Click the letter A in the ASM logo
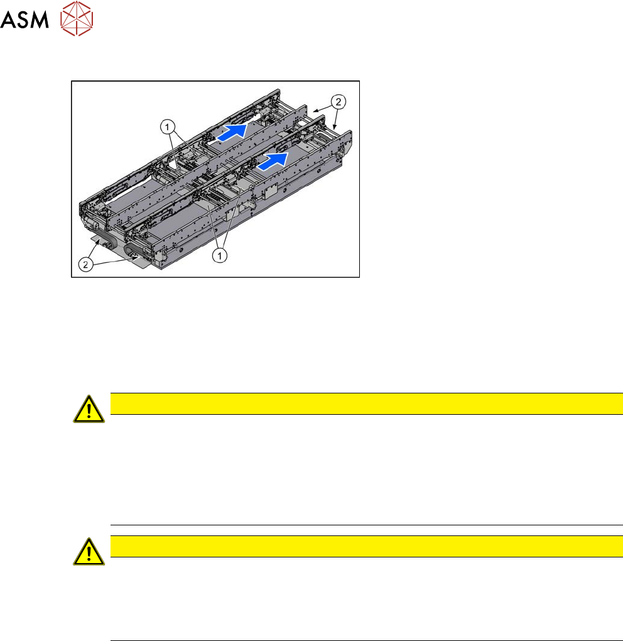tap(10, 21)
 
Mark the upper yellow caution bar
tap(362, 403)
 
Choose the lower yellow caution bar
tap(362, 546)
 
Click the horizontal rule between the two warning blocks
tap(362, 525)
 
